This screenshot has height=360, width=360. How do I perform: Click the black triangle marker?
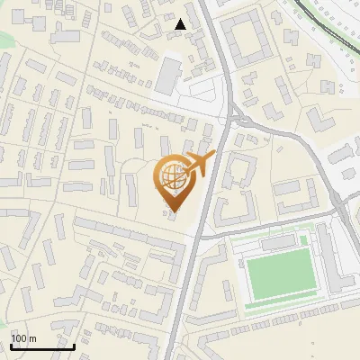(181, 24)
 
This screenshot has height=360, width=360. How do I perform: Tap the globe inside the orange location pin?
(173, 176)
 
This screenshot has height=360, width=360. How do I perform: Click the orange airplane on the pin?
(199, 165)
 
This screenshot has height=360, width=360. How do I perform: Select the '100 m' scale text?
(23, 339)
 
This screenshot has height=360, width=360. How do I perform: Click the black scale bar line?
(42, 346)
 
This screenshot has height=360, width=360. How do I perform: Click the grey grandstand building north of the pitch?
(279, 244)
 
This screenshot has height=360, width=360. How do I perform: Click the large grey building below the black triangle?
(168, 76)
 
